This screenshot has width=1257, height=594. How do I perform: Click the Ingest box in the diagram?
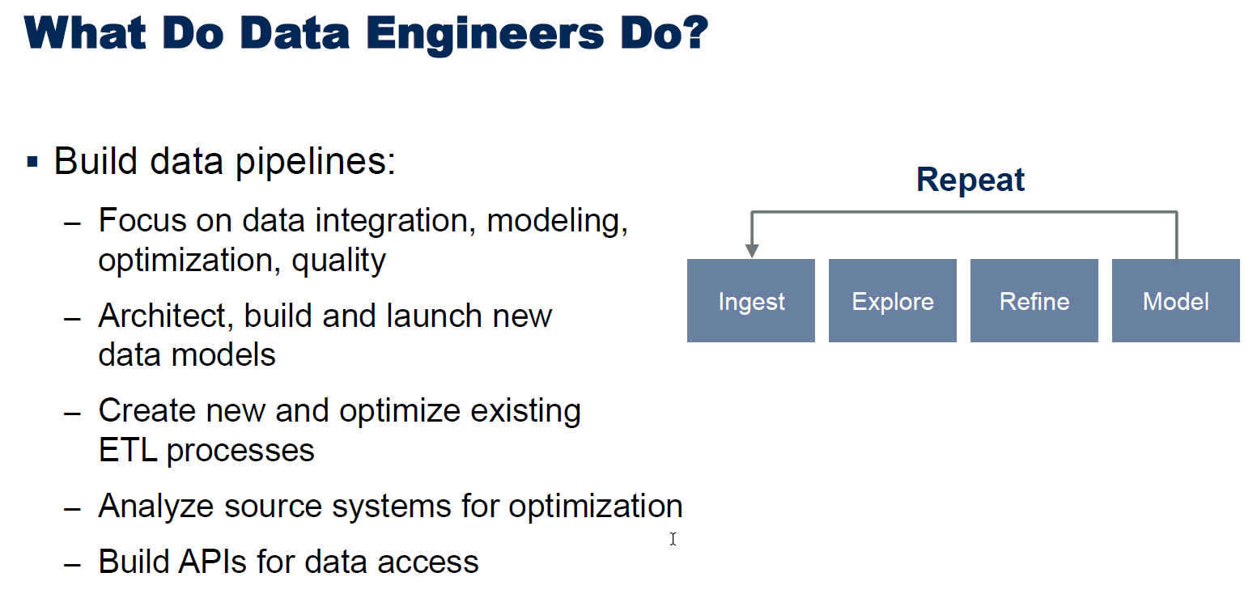click(751, 301)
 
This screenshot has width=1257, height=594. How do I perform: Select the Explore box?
click(892, 301)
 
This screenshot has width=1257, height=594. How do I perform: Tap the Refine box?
click(1034, 301)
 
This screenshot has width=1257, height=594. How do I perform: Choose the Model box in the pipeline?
click(1175, 301)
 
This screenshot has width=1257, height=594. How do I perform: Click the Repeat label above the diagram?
click(970, 180)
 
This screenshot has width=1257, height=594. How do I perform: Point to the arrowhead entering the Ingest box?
click(752, 251)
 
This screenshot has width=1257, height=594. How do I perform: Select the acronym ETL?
click(128, 451)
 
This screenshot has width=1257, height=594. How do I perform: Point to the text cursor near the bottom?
click(673, 539)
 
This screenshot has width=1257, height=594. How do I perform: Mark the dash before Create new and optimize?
click(73, 413)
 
